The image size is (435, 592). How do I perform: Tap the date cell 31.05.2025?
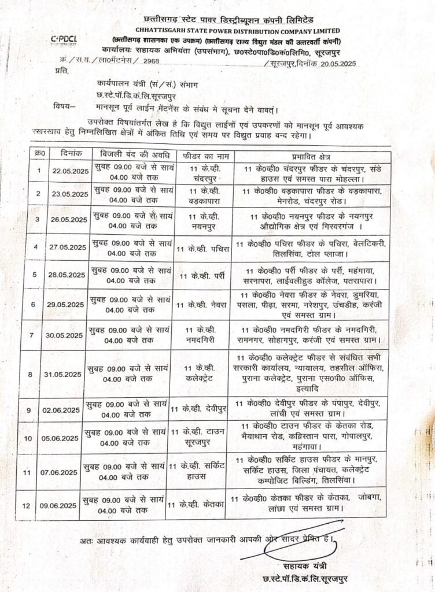click(68, 373)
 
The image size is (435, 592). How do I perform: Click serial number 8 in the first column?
click(39, 373)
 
